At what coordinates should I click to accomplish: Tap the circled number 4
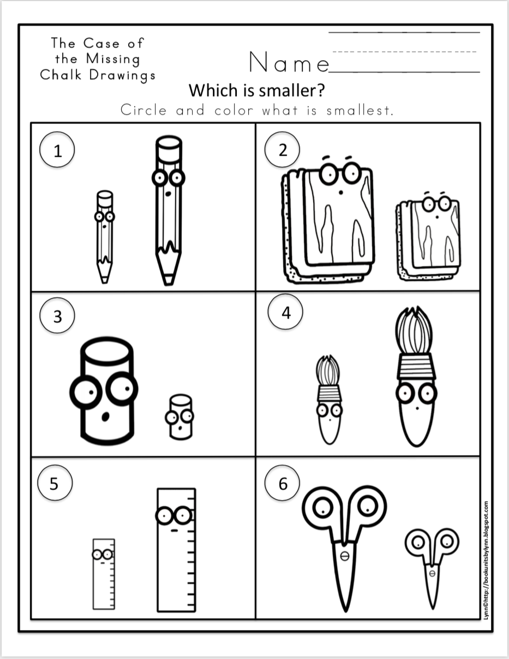(286, 314)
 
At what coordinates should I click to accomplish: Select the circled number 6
(282, 484)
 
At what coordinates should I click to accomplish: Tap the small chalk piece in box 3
(180, 417)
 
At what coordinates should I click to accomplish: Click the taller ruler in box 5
(176, 549)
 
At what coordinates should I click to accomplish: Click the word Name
(288, 63)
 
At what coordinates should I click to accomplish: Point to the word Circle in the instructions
(143, 110)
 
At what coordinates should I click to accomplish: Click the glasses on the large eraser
(339, 174)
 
